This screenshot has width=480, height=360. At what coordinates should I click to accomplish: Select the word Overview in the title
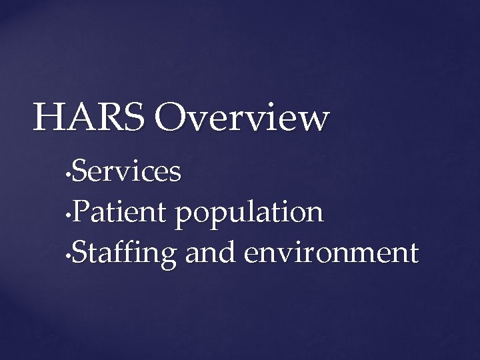tap(241, 117)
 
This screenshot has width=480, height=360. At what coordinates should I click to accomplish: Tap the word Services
tap(126, 172)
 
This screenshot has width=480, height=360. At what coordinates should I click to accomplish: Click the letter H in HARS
tap(49, 117)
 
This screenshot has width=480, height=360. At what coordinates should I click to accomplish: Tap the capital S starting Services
tap(79, 172)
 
